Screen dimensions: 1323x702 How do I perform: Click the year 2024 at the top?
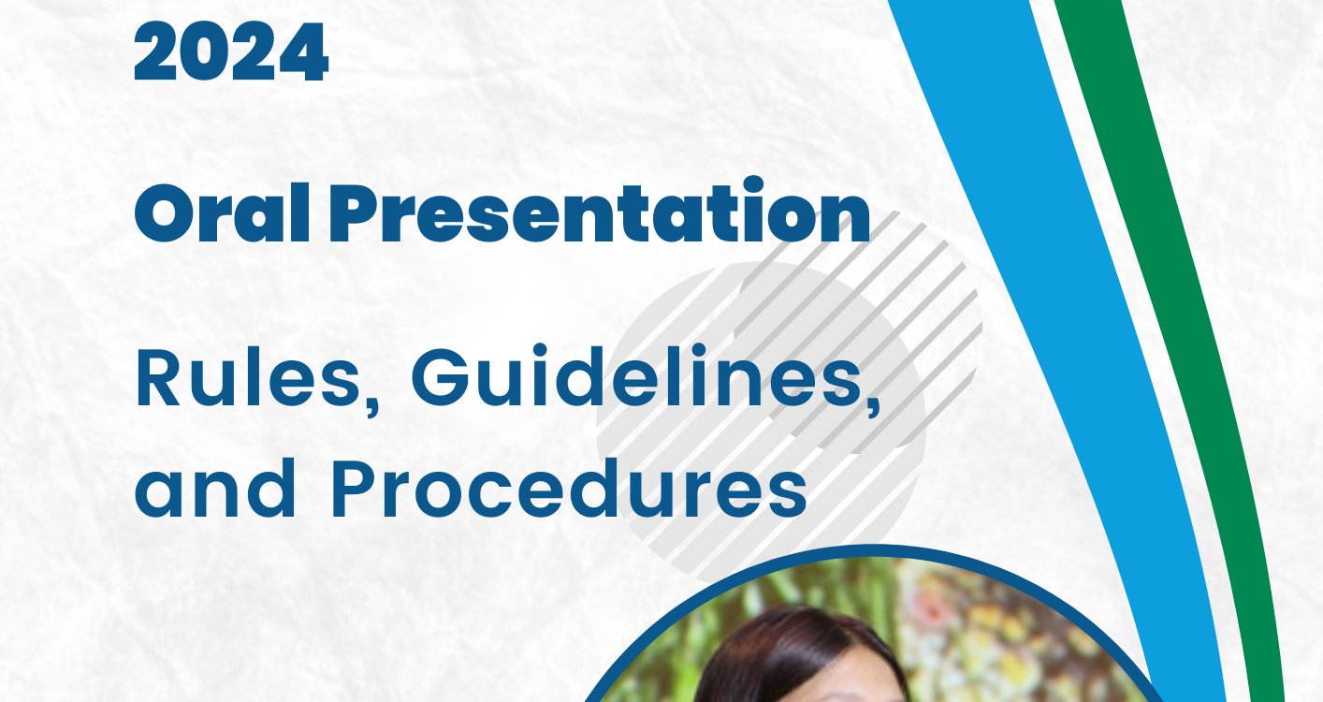231,51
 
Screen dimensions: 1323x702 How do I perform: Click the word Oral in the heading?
222,213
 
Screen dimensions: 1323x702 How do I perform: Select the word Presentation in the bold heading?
600,211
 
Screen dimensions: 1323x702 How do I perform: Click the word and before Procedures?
215,488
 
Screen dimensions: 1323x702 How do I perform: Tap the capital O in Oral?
164,214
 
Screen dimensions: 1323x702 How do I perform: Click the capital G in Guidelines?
441,377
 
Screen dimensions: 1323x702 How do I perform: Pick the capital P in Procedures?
353,488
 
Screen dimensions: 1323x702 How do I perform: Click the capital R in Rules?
158,376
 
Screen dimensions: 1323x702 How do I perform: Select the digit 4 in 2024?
303,52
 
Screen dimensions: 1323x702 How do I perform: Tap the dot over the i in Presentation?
754,185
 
